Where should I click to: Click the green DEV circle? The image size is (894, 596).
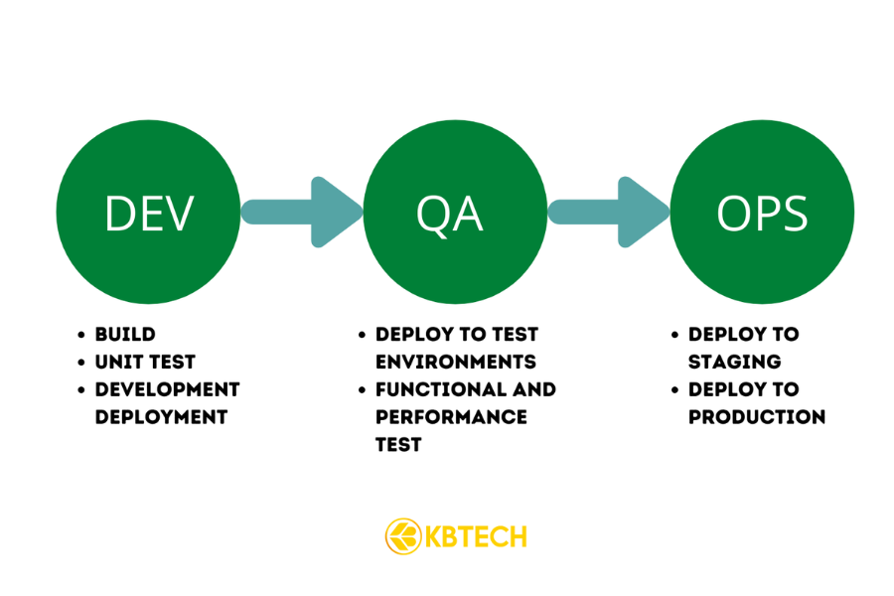(x=148, y=211)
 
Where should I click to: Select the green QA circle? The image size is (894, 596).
(x=455, y=211)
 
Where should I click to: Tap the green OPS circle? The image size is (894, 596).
(x=762, y=211)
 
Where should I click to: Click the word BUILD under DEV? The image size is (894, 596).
(x=125, y=335)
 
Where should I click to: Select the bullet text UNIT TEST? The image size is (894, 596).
(x=145, y=362)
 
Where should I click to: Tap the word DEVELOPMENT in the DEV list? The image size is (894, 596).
(x=167, y=389)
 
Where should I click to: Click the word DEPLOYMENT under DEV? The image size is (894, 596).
(x=161, y=416)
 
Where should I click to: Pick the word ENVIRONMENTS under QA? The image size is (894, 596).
(x=455, y=362)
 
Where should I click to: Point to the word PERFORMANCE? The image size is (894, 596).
(x=451, y=416)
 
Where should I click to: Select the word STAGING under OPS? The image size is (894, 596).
(x=734, y=362)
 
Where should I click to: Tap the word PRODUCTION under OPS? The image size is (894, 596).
(x=756, y=416)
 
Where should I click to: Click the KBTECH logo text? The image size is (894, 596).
(x=476, y=537)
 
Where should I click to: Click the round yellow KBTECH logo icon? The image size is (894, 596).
(x=402, y=536)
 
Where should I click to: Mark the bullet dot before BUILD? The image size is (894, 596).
(x=82, y=335)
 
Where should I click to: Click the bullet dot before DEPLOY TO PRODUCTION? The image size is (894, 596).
(x=675, y=389)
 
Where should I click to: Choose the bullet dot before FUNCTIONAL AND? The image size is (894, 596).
(x=363, y=389)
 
